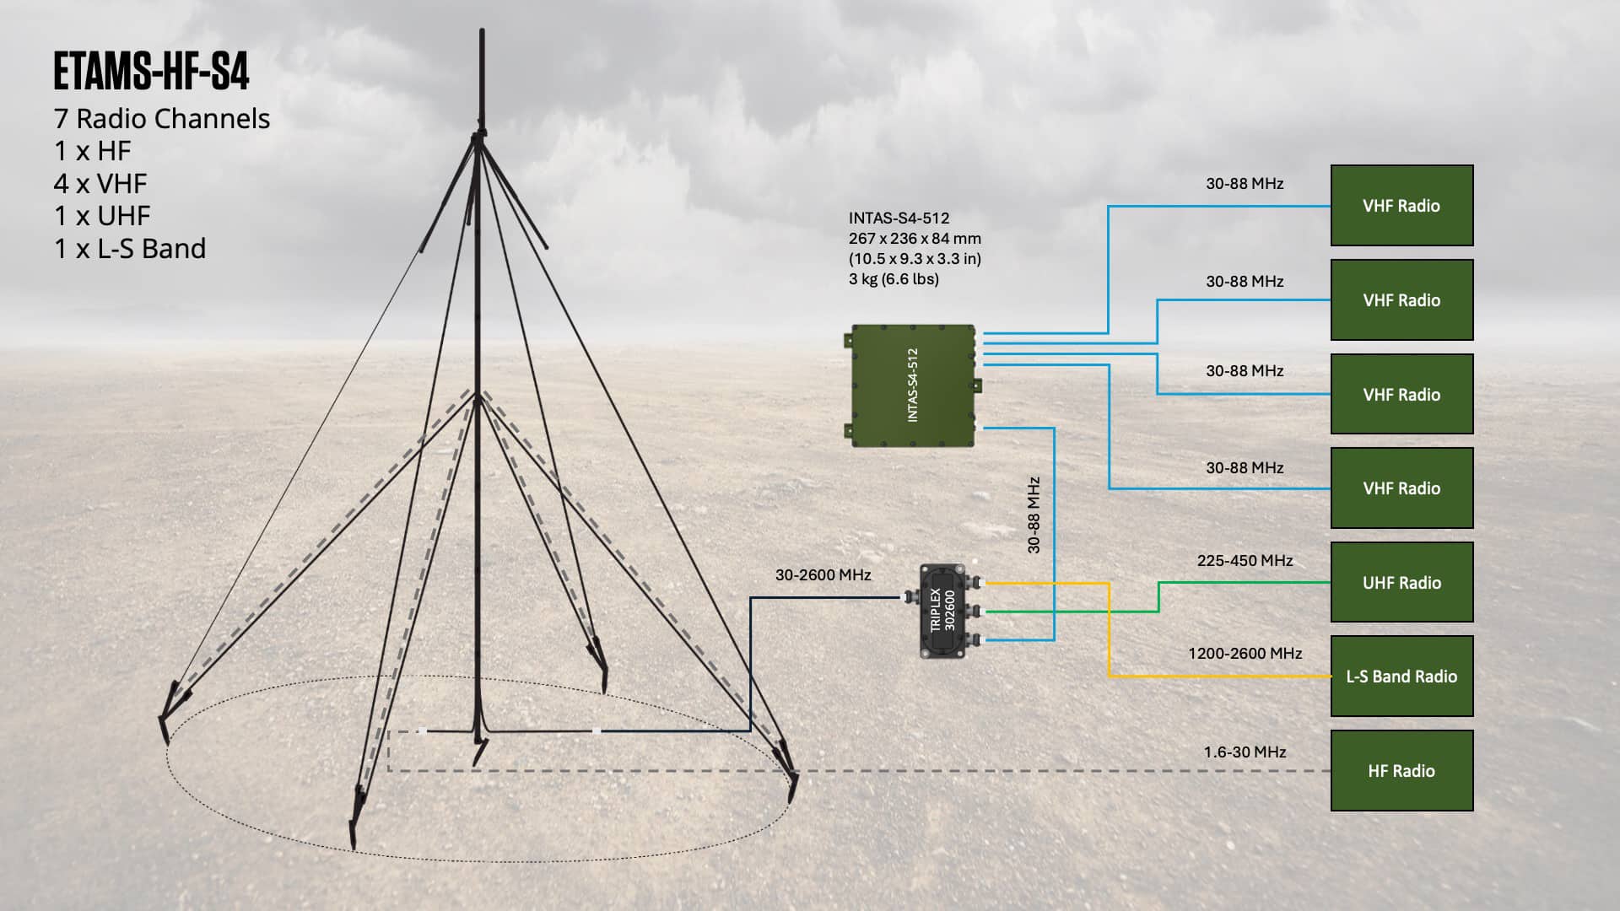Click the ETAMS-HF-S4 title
151,71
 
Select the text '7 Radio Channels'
162,119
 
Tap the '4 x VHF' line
100,184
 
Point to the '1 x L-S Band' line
130,249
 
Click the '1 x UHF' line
102,216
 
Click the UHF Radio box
1401,582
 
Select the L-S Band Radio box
1401,677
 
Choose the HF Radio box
1401,771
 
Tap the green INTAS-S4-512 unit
913,385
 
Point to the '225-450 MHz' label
1245,561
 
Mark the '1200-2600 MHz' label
1245,654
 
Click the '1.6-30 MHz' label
1245,752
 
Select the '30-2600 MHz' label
823,575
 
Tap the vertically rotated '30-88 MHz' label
1034,515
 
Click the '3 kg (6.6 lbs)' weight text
894,279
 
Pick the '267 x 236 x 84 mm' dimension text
915,239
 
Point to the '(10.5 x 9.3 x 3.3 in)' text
915,259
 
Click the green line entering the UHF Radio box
1158,596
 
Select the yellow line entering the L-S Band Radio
1109,629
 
